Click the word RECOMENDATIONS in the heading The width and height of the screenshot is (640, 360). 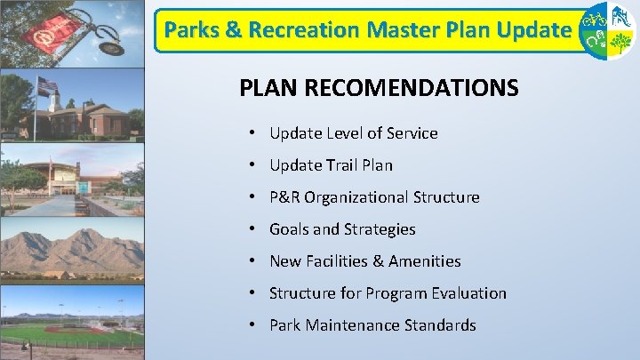pos(412,89)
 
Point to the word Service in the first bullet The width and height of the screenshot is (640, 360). pos(411,133)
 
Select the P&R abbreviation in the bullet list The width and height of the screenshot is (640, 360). pos(285,197)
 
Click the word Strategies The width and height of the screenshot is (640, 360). pos(380,229)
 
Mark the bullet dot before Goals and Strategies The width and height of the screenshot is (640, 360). pos(252,229)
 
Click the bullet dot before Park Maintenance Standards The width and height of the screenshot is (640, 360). pos(252,325)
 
